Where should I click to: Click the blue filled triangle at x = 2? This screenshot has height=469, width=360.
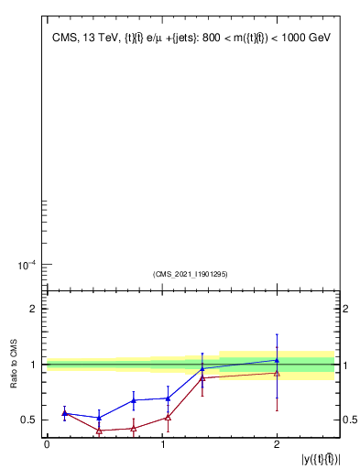pos(277,360)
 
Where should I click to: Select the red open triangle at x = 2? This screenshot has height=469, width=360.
pos(277,373)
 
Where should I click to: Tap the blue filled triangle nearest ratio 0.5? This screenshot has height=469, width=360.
pos(99,418)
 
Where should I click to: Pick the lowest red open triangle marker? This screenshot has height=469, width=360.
pos(99,431)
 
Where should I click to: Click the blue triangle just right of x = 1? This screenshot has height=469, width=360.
pos(168,398)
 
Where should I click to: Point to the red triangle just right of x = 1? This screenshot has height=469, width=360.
pos(168,418)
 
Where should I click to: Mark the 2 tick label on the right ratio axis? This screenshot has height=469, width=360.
pos(345,309)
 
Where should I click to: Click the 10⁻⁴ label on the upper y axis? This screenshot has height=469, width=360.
pos(27,266)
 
